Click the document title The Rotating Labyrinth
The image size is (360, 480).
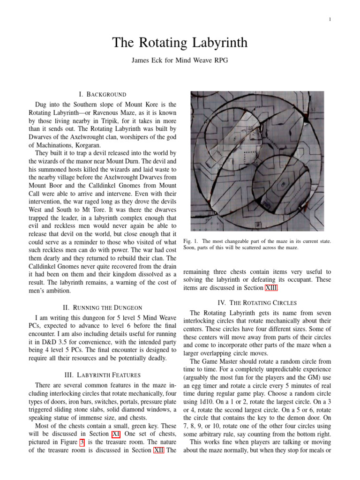click(180, 43)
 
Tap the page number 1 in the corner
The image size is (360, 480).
click(330, 19)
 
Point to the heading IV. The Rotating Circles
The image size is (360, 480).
click(257, 303)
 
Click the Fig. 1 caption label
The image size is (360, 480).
click(190, 241)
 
